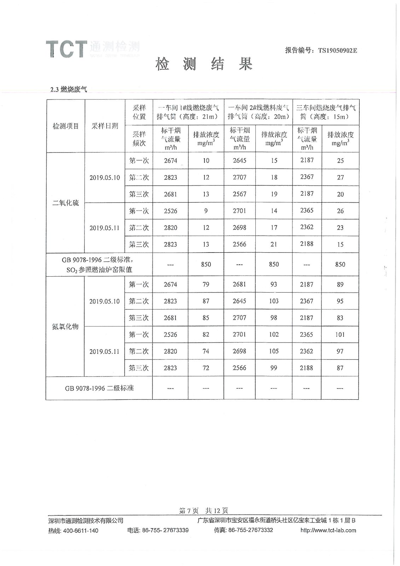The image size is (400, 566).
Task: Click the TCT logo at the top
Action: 66,49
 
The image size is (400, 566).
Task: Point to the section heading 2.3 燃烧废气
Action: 69,89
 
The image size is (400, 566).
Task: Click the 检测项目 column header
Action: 66,126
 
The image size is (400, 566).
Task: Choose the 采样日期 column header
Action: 105,126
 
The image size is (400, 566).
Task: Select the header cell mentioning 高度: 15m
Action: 326,112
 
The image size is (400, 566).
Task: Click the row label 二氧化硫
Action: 66,203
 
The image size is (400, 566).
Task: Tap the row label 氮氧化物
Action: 65,326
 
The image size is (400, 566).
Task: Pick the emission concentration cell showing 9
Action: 206,211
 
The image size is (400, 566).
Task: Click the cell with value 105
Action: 274,351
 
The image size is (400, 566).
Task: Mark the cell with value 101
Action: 340,334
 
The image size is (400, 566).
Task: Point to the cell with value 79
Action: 206,284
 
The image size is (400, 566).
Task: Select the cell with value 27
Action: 340,177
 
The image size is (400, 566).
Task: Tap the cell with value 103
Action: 274,301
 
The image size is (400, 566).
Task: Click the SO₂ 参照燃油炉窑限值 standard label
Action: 99,269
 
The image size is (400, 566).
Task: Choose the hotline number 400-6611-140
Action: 81,531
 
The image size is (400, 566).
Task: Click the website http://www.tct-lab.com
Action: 328,530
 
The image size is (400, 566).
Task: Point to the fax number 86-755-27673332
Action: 251,530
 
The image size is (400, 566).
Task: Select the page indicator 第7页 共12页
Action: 203,510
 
